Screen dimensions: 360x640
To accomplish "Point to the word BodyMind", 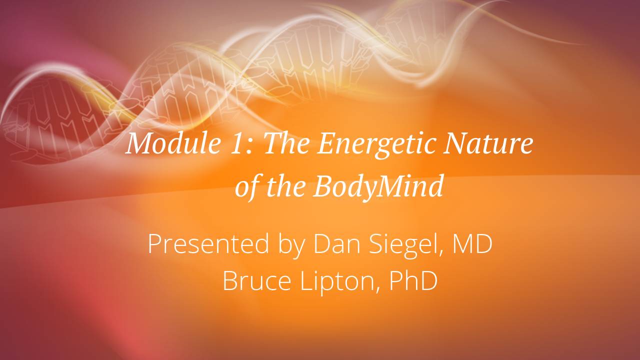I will point(378,187).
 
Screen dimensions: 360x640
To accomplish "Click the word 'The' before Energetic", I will point(287,143).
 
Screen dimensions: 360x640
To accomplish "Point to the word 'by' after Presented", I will point(290,244).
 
